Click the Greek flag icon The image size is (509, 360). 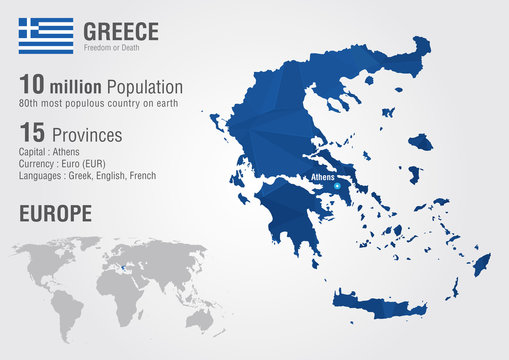pyautogui.click(x=45, y=35)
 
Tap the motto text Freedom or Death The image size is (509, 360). pyautogui.click(x=115, y=47)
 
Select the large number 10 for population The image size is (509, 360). pyautogui.click(x=33, y=87)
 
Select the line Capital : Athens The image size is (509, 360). pyautogui.click(x=50, y=151)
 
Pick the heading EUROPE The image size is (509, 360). pyautogui.click(x=55, y=213)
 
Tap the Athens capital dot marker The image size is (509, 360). pyautogui.click(x=337, y=187)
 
